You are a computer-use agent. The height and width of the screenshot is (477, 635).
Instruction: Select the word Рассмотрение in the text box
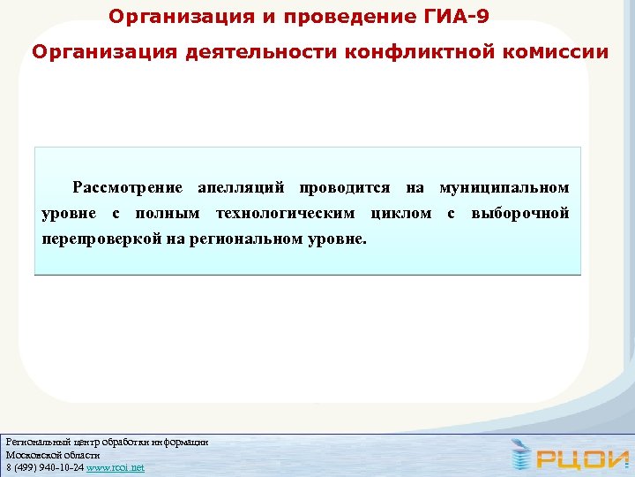pyautogui.click(x=128, y=188)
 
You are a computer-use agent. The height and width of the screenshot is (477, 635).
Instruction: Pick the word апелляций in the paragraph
pyautogui.click(x=242, y=188)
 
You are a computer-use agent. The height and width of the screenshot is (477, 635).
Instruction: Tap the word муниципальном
pyautogui.click(x=504, y=188)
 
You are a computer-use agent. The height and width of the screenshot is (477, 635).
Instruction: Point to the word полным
pyautogui.click(x=167, y=214)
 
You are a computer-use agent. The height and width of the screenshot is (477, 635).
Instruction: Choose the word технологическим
pyautogui.click(x=286, y=214)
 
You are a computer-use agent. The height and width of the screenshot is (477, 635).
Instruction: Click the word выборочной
pyautogui.click(x=520, y=214)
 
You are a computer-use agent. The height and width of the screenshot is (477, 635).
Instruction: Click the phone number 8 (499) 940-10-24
pyautogui.click(x=45, y=467)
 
